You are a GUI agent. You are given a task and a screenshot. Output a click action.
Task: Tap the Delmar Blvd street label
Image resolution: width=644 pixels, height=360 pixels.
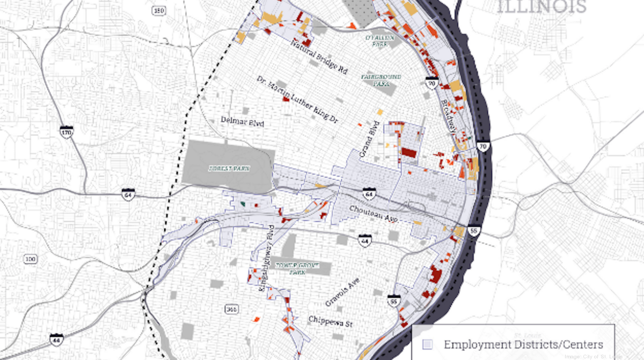243,121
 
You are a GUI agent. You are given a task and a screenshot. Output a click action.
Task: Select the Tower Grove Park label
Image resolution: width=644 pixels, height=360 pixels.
294,268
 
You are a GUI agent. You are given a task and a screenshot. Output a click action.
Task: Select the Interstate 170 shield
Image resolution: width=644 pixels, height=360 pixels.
67,132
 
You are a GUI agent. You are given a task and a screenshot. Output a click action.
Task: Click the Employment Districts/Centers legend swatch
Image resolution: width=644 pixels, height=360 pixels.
428,344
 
